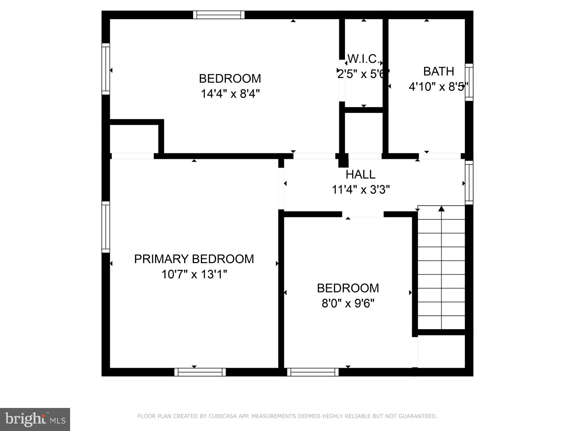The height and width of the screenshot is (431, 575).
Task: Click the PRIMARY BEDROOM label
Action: pyautogui.click(x=194, y=259)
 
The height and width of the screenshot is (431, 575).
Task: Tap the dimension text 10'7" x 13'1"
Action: pyautogui.click(x=194, y=274)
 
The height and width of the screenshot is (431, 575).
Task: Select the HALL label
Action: pyautogui.click(x=360, y=174)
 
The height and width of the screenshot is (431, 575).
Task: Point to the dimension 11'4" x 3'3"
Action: pyautogui.click(x=361, y=189)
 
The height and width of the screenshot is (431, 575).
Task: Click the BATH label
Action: pyautogui.click(x=438, y=71)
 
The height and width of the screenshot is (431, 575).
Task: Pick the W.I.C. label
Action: pyautogui.click(x=364, y=59)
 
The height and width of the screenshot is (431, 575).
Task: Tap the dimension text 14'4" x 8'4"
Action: pyautogui.click(x=230, y=94)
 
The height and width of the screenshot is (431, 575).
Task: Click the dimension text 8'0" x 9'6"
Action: pyautogui.click(x=348, y=303)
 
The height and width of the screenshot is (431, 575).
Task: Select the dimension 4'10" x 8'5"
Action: pyautogui.click(x=438, y=87)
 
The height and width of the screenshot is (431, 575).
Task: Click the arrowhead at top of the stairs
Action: pyautogui.click(x=441, y=209)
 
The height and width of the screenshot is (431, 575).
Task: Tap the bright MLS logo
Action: pyautogui.click(x=35, y=419)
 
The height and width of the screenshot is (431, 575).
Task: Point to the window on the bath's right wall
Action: pyautogui.click(x=469, y=82)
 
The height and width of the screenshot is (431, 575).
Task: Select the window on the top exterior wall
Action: pyautogui.click(x=219, y=15)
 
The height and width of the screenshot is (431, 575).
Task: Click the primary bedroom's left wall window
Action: pyautogui.click(x=106, y=227)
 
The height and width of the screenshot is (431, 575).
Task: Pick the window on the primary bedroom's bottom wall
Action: pyautogui.click(x=200, y=372)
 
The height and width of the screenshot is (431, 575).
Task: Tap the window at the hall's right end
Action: pyautogui.click(x=469, y=183)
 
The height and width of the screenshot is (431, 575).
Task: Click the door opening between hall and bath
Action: pyautogui.click(x=440, y=156)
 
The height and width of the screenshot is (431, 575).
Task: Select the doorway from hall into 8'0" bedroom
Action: pyautogui.click(x=363, y=214)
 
